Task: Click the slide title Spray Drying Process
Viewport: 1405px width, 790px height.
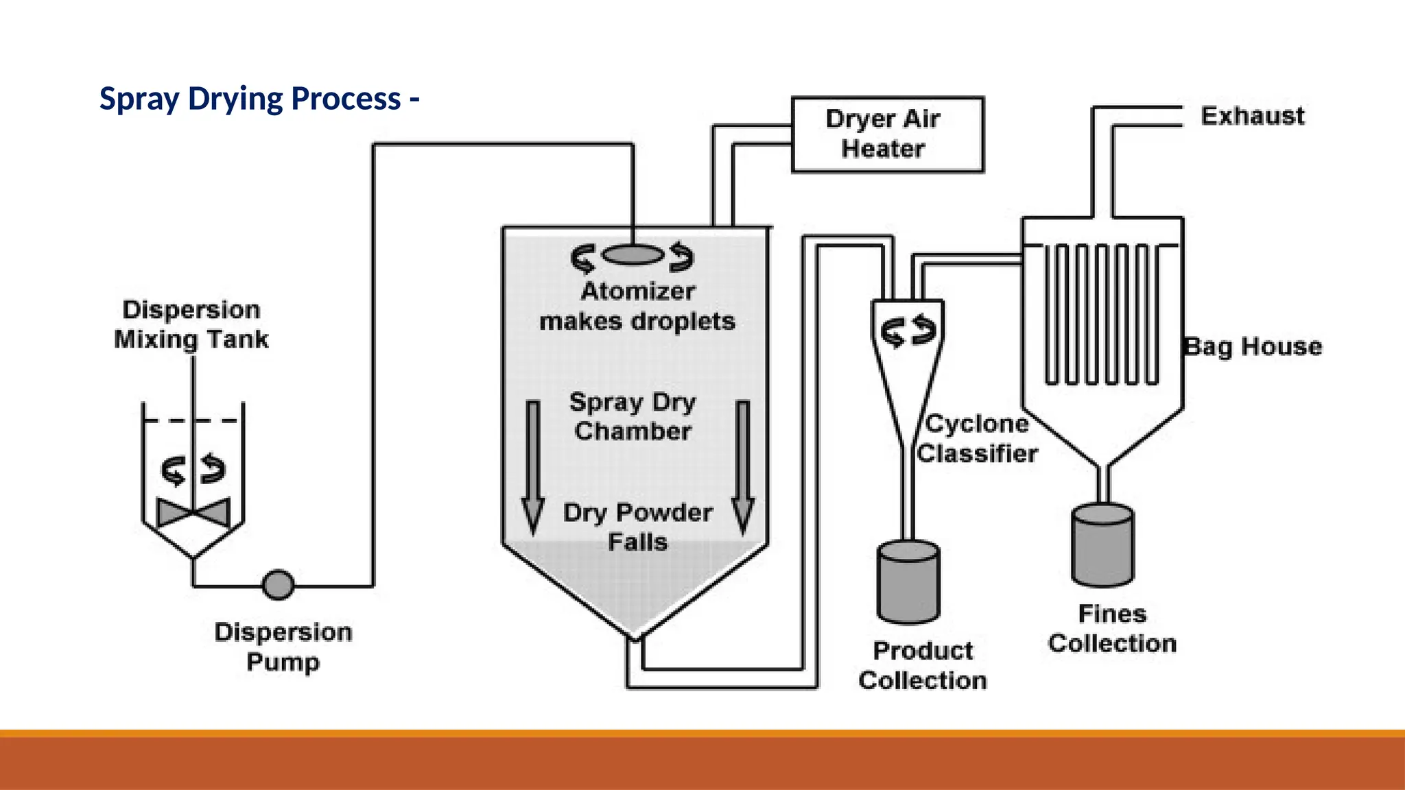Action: coord(259,99)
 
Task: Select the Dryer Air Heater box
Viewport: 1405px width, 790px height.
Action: coord(887,134)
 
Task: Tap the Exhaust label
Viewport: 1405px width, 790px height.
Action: coord(1252,116)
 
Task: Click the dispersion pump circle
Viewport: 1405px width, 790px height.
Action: coord(278,586)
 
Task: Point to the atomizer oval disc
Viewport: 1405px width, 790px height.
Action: coord(633,256)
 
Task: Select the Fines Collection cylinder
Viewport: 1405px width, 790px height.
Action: coord(1102,546)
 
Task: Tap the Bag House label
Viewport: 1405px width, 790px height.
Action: coord(1253,346)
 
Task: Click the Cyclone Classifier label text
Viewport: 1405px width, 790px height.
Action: coord(976,439)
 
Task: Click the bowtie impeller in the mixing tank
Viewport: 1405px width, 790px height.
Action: coord(193,512)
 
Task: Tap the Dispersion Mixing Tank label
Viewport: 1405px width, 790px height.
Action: coord(191,324)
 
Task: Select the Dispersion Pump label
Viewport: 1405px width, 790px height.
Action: coord(283,647)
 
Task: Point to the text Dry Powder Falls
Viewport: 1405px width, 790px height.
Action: coord(637,527)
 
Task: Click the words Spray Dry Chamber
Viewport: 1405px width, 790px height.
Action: coord(633,416)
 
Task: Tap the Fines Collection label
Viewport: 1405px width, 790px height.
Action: coord(1112,628)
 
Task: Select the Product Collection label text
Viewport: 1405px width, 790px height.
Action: coord(922,665)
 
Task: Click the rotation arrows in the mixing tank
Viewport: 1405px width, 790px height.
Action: coord(193,470)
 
